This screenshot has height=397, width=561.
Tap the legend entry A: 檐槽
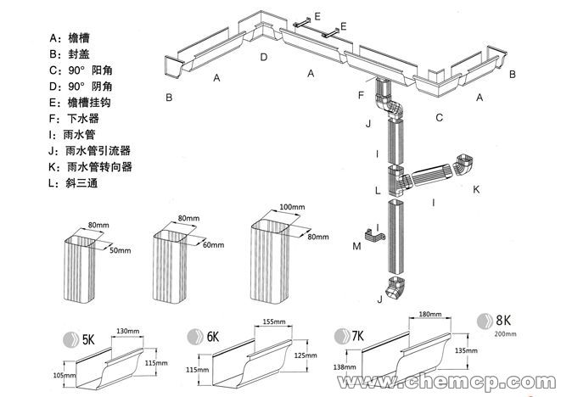click(x=70, y=37)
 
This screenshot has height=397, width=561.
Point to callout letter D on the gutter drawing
click(x=264, y=58)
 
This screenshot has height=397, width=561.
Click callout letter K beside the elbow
click(x=476, y=187)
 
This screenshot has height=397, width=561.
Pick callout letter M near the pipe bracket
click(x=357, y=245)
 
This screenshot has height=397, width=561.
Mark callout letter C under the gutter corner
click(x=439, y=117)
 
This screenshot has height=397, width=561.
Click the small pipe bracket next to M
click(x=372, y=233)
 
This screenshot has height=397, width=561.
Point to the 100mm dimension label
click(x=291, y=206)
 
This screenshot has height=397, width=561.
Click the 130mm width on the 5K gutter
click(x=127, y=330)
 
